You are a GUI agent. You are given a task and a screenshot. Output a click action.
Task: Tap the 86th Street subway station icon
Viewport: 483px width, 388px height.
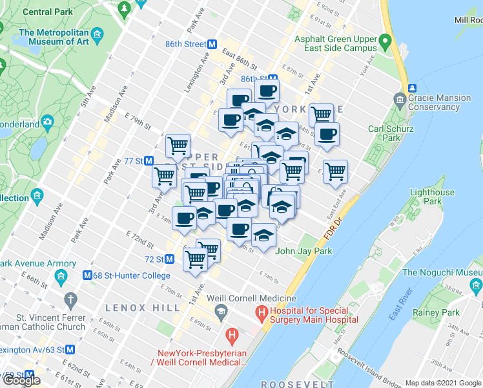point(211,44)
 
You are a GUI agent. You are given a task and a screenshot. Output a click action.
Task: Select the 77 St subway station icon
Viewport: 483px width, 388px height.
point(149,160)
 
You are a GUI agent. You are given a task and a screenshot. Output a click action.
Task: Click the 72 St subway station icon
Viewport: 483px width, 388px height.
point(169,259)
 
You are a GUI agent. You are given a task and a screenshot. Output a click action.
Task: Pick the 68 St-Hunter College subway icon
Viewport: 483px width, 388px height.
point(87,275)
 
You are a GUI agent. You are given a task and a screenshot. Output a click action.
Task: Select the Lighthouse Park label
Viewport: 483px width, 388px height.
point(433,197)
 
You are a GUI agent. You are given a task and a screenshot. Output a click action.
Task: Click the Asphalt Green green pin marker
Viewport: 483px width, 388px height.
point(385,43)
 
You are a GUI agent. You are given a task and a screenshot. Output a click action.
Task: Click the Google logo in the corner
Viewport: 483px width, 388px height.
point(21,380)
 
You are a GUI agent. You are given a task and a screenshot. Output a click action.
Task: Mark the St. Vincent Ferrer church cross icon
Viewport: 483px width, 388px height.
point(70,300)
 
